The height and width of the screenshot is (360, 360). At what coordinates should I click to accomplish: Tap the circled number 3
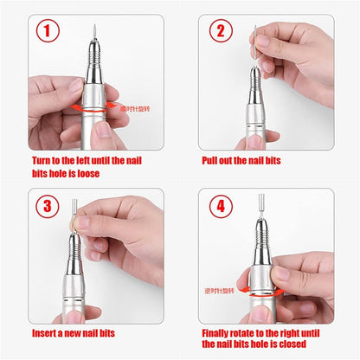[48, 207]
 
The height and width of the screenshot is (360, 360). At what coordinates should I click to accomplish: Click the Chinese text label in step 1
[135, 108]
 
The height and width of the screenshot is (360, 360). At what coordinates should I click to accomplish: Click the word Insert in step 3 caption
[45, 333]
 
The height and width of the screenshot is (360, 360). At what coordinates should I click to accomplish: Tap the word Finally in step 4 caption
[222, 333]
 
